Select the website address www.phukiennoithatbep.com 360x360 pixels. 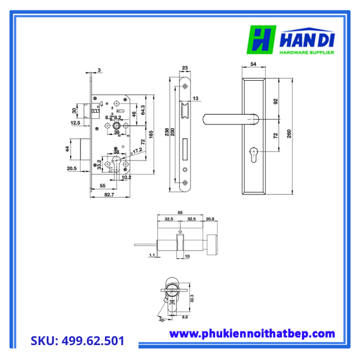click(x=252, y=334)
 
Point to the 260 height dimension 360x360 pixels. click(x=290, y=135)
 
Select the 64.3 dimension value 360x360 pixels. click(x=142, y=110)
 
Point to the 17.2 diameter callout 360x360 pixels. click(x=137, y=151)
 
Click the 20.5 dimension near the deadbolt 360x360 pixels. click(x=71, y=168)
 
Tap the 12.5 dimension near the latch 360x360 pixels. click(x=75, y=123)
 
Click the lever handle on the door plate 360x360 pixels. click(x=228, y=119)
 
